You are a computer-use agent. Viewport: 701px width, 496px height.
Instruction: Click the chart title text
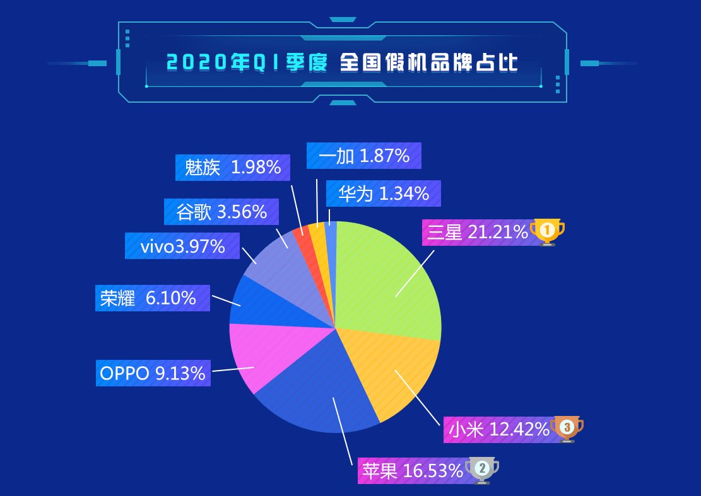[x=342, y=63]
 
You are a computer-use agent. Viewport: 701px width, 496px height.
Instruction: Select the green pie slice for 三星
[x=391, y=277]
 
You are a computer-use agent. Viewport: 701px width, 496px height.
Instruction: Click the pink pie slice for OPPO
[x=249, y=356]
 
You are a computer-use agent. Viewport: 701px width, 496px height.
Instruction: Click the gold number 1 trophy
[x=547, y=231]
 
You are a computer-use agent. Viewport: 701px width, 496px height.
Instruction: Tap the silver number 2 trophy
[x=482, y=469]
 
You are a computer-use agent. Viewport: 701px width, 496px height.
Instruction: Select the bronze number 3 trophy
[x=567, y=429]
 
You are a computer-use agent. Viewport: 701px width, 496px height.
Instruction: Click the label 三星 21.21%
[x=476, y=233]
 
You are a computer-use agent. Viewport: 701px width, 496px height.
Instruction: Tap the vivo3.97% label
[x=182, y=246]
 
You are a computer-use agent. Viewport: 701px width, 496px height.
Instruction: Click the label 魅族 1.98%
[x=232, y=168]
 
